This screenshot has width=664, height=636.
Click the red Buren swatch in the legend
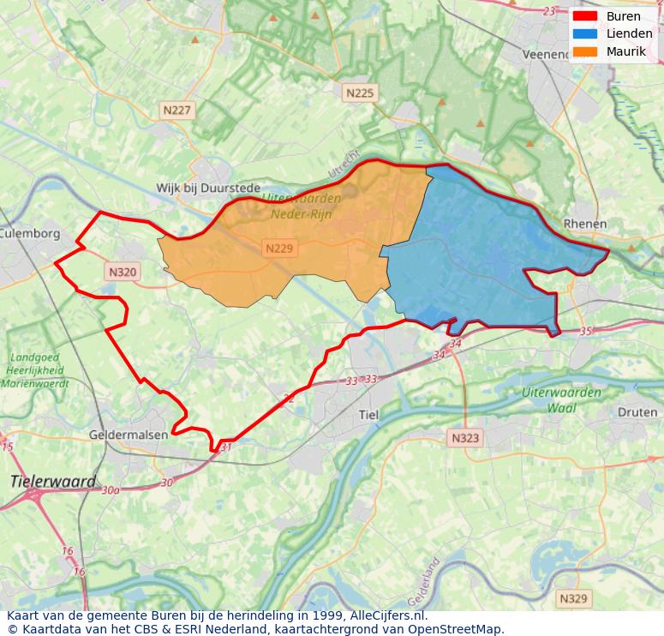[585, 16]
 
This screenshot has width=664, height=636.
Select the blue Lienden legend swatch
[585, 33]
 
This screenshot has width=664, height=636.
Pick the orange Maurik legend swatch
[585, 51]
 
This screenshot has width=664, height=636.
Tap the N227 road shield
[178, 110]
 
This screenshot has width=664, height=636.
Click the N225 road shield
[360, 93]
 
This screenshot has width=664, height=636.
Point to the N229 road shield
[279, 249]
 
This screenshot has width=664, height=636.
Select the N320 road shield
[123, 272]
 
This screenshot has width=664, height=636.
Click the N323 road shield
[464, 438]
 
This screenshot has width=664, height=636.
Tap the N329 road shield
[573, 598]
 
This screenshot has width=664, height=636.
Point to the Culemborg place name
[30, 233]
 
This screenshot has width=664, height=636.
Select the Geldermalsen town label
[129, 435]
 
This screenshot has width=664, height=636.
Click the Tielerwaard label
[53, 482]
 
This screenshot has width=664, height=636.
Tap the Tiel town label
[368, 415]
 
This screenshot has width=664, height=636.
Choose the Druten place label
[637, 412]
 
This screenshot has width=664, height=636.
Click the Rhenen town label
[585, 224]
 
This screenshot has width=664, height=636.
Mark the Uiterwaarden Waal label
[561, 399]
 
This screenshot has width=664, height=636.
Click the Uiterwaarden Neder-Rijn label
[301, 206]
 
